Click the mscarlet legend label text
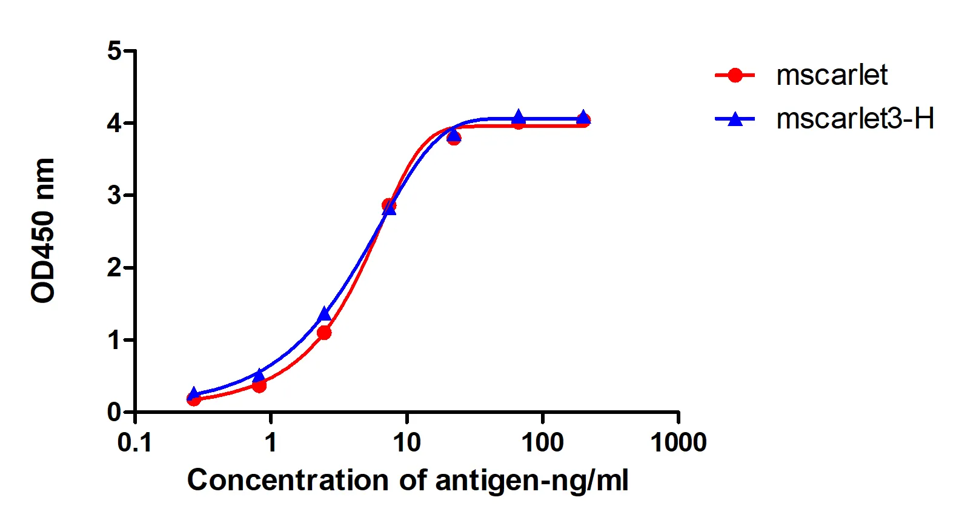[x=831, y=75]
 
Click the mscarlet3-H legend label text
[x=855, y=119]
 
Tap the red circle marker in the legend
[x=735, y=75]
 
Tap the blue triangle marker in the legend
[x=735, y=119]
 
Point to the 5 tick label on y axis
[x=114, y=51]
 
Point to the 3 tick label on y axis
[x=114, y=195]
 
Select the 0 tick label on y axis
[x=114, y=412]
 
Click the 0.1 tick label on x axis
[x=134, y=443]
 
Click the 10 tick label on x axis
[x=406, y=443]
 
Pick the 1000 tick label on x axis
[x=678, y=443]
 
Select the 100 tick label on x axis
[x=542, y=443]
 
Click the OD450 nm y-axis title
[x=44, y=230]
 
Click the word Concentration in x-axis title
[x=288, y=480]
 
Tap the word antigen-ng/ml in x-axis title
[x=531, y=481]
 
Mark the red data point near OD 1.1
[x=324, y=332]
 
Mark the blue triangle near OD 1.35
[x=325, y=314]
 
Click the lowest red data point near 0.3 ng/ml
[x=194, y=399]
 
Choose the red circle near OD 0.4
[x=259, y=385]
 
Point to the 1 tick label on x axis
[x=270, y=443]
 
